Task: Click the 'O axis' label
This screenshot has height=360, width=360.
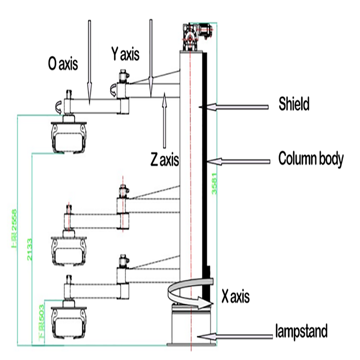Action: tap(63, 64)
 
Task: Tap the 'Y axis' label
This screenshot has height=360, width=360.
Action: tap(125, 54)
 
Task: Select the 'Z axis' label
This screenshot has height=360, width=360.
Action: tap(165, 159)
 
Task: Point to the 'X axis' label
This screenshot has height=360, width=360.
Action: tap(235, 297)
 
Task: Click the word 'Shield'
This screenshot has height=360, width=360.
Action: tap(294, 105)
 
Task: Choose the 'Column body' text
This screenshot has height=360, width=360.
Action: tap(311, 159)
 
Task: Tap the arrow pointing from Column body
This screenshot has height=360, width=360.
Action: tap(238, 160)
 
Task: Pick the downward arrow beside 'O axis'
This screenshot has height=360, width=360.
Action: tap(89, 58)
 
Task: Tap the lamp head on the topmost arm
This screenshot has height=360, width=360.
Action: tap(68, 137)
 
